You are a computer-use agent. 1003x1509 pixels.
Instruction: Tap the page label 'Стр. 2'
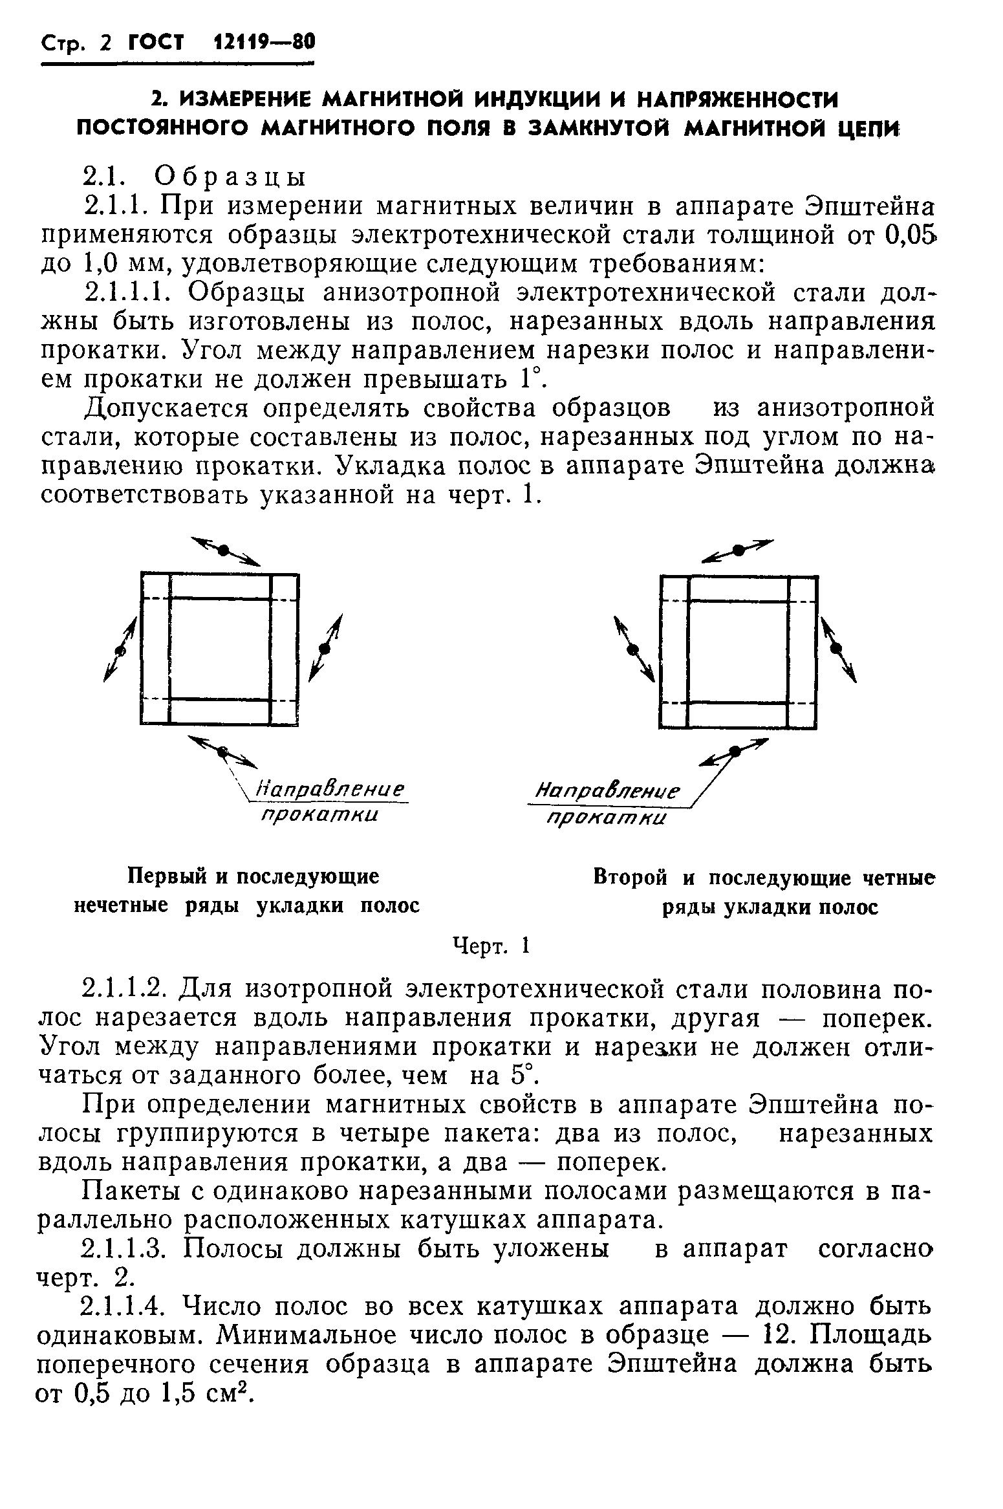[76, 45]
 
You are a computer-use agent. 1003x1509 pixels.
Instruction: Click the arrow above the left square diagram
[224, 550]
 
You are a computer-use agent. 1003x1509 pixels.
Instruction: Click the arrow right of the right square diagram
[838, 649]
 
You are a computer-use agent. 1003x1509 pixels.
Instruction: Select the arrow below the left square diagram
[222, 751]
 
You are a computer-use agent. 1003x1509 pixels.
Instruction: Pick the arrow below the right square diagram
[735, 751]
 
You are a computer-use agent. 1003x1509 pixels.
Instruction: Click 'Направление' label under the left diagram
[330, 790]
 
